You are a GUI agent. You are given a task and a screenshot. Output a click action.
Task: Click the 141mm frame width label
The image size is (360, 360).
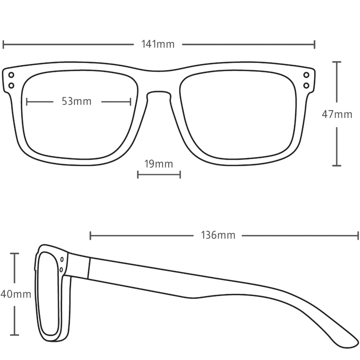(x=158, y=44)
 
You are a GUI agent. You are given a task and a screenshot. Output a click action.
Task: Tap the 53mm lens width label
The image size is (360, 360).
(x=76, y=101)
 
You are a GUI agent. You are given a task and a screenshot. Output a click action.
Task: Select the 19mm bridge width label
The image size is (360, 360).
(x=158, y=164)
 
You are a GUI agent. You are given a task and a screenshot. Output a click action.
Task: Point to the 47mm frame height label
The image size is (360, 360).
(x=337, y=114)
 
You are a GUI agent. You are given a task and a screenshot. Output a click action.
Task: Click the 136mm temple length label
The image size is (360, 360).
(x=218, y=235)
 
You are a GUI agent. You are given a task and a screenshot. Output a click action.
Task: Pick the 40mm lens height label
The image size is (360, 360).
(x=16, y=294)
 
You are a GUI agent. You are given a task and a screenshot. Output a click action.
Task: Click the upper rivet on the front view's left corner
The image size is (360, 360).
(x=11, y=75)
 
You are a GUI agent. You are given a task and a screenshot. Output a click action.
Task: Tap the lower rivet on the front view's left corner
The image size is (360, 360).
(x=11, y=85)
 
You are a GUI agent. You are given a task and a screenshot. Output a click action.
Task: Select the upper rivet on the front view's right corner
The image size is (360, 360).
(x=306, y=75)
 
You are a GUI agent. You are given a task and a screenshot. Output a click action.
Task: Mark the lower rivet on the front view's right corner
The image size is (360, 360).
(x=306, y=85)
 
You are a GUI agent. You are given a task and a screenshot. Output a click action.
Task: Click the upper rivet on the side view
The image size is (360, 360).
(x=62, y=260)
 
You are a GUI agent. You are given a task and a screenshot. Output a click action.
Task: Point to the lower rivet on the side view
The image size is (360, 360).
(x=61, y=270)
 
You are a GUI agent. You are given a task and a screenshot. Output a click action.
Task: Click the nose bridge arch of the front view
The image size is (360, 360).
(x=159, y=92)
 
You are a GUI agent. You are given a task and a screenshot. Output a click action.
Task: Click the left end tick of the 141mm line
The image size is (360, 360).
(x=3, y=44)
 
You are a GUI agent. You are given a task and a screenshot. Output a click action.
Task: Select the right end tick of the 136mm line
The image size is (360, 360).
(x=358, y=236)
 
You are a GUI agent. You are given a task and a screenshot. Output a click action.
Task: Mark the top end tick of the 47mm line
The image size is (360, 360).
(x=337, y=62)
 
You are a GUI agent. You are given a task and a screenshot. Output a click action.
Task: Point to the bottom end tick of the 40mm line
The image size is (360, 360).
(x=15, y=335)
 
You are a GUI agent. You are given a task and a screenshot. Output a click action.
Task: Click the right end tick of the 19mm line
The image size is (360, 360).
(x=180, y=175)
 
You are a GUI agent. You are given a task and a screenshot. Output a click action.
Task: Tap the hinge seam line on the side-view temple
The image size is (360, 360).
(x=89, y=268)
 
